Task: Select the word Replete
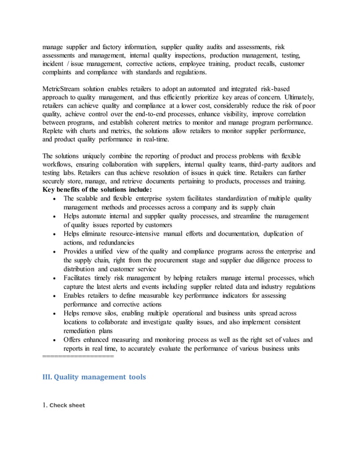55,131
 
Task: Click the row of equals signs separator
78,357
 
